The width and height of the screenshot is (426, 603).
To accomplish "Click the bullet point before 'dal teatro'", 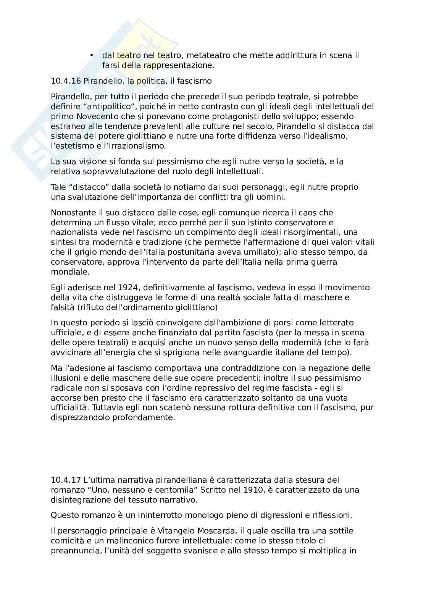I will pyautogui.click(x=92, y=56).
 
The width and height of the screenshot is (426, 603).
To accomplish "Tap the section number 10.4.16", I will pyautogui.click(x=65, y=81).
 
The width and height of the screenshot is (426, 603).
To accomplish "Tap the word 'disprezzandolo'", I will pyautogui.click(x=81, y=417).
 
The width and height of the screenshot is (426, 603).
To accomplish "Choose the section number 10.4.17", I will pyautogui.click(x=65, y=480).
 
